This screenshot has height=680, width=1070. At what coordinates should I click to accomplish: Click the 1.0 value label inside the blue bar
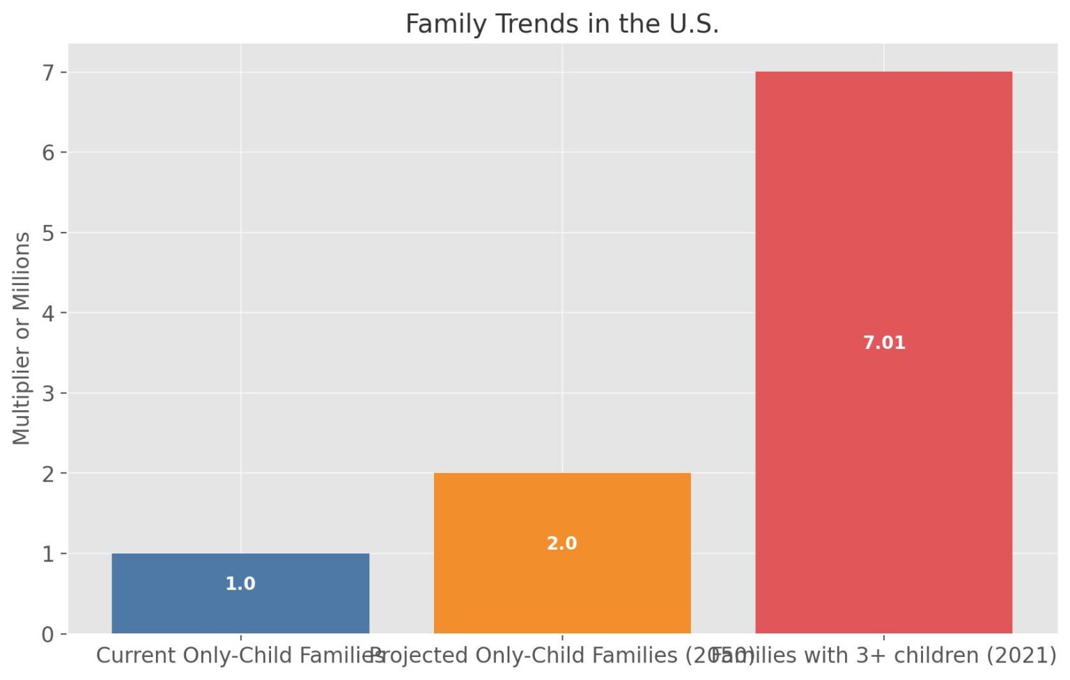pos(240,584)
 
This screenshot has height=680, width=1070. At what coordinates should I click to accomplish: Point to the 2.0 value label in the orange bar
pos(561,543)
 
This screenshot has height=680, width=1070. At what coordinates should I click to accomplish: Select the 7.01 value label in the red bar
pos(883,343)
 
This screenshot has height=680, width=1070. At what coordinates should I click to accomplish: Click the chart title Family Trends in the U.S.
pos(561,24)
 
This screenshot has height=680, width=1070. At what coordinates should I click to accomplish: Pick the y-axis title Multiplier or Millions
pos(21,338)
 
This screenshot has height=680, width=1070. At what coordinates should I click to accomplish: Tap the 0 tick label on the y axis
pos(47,634)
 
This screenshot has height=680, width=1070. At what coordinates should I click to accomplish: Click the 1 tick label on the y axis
pos(47,554)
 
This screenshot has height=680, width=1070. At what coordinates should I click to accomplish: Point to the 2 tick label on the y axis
pos(47,474)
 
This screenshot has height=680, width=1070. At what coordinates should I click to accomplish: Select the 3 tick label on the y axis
pos(47,393)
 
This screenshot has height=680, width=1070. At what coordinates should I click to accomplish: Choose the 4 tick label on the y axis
pos(47,313)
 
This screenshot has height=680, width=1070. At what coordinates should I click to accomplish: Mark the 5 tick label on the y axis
pos(47,233)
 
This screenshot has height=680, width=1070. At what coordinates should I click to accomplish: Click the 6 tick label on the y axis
pos(47,152)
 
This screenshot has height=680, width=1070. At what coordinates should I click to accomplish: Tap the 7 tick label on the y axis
pos(47,72)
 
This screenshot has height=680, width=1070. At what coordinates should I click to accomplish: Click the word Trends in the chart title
pos(534,24)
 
